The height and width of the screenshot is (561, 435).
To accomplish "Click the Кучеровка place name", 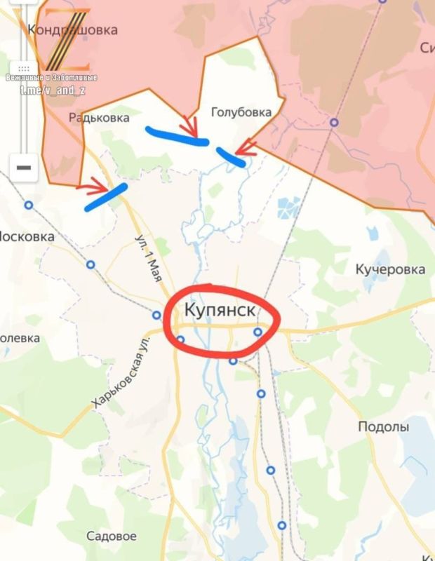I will point(390,269).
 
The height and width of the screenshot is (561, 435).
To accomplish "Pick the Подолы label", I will point(383,427).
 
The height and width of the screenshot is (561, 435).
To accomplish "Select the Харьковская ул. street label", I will point(121,372).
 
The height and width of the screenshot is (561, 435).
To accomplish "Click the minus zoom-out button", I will point(24,168).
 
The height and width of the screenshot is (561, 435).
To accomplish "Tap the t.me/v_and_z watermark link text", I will point(51,90).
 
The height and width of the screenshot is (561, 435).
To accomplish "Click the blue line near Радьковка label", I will point(176,135).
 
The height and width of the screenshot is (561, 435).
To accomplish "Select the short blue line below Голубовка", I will point(231,157).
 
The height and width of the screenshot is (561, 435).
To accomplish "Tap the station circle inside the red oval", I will point(257,332).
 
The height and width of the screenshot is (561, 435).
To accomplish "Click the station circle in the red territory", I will point(335,122).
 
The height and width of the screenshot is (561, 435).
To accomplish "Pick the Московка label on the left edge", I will point(27,237).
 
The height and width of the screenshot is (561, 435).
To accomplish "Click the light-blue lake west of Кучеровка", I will point(288,208).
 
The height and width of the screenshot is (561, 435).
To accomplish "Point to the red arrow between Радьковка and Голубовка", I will point(189,127).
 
